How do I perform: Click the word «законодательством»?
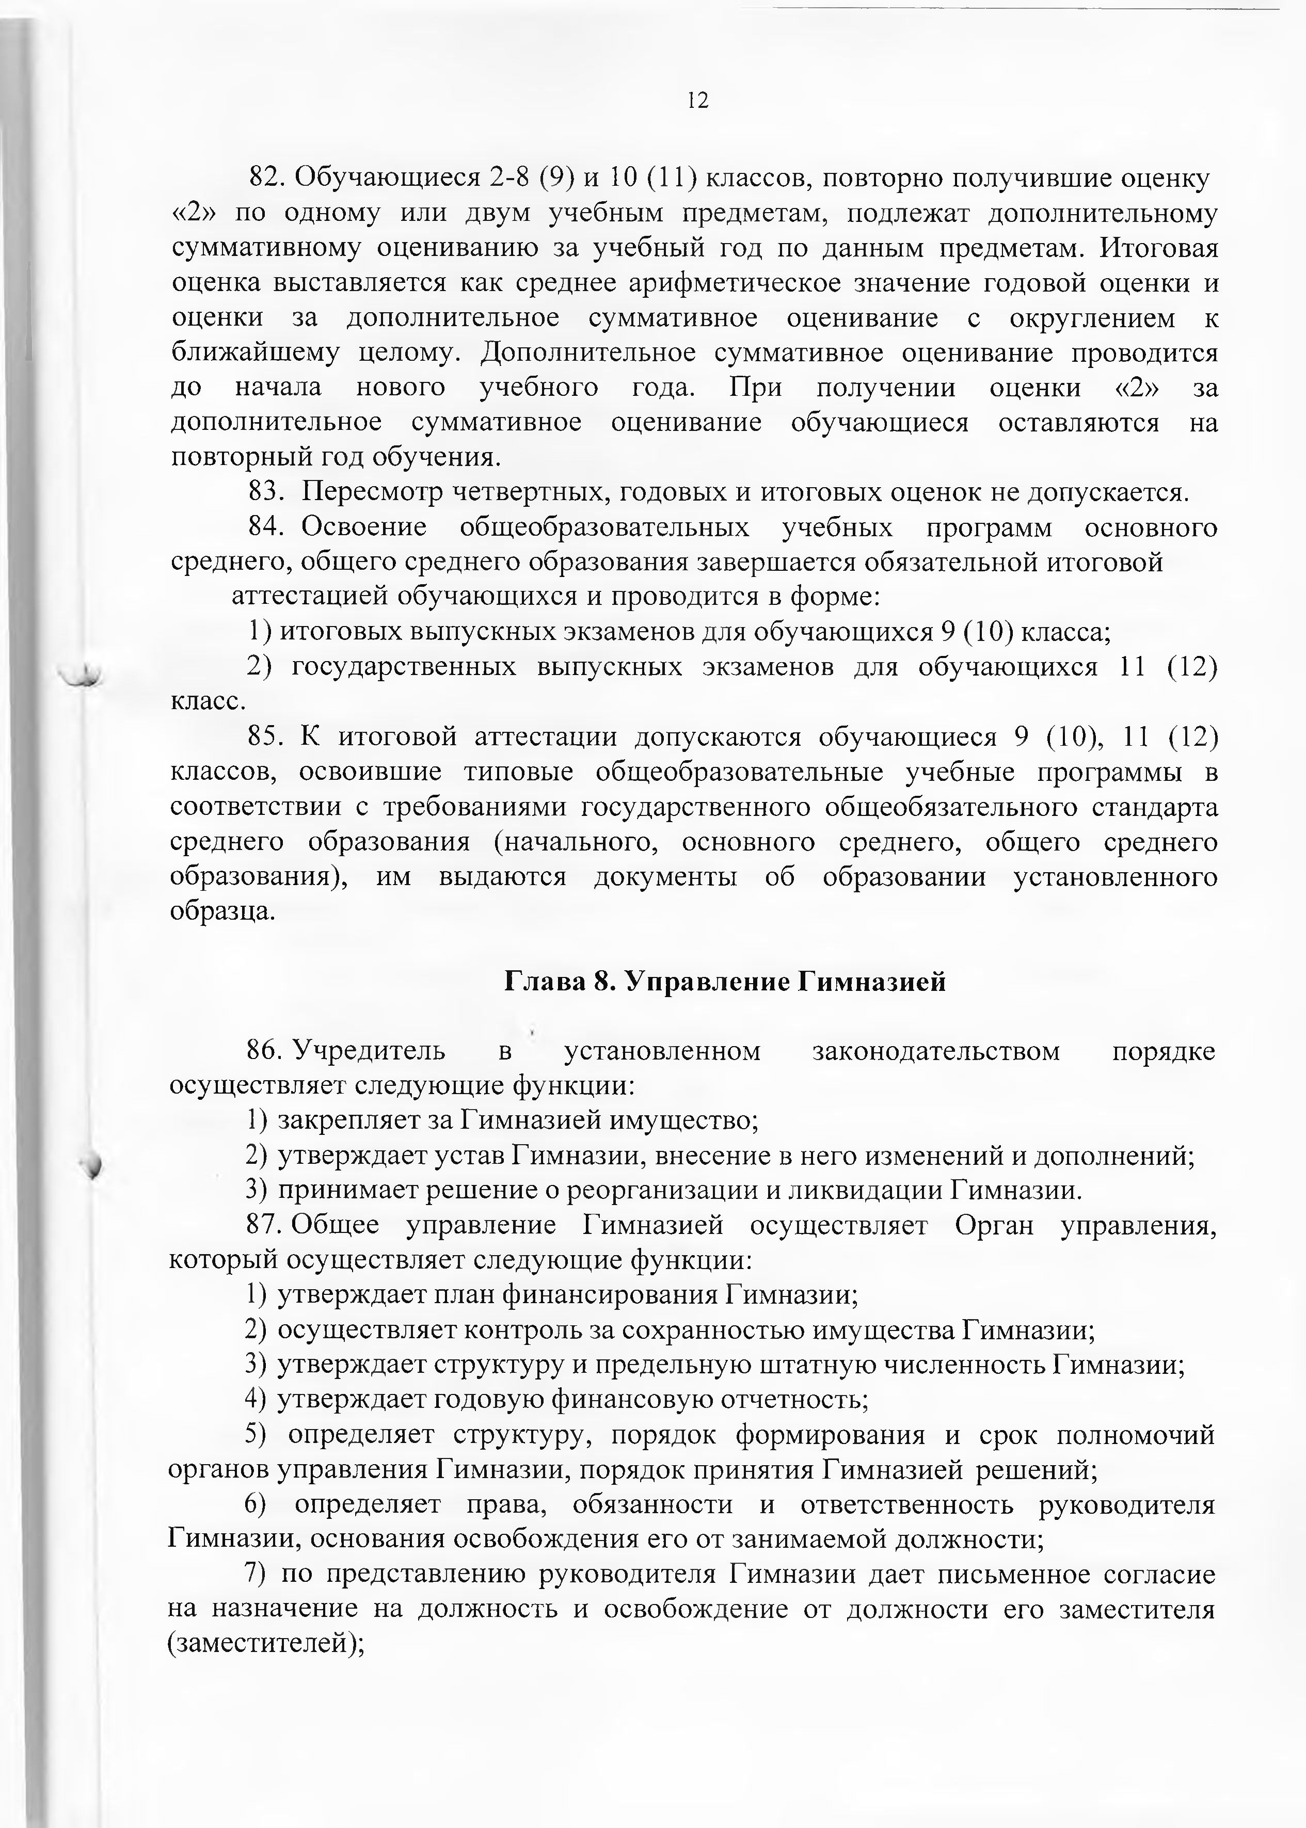[936, 1051]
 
